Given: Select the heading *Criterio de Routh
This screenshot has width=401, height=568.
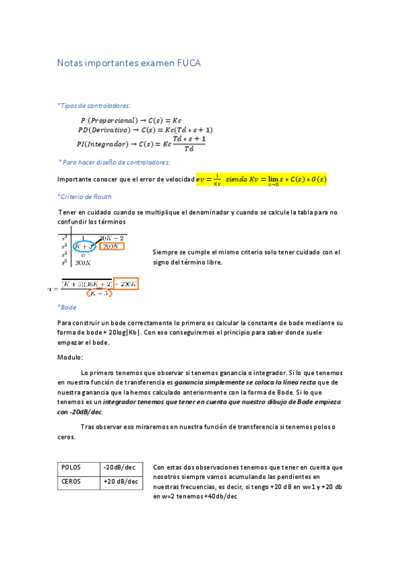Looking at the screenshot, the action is coord(84,197).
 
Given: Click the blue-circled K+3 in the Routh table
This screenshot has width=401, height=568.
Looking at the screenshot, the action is coord(85,246).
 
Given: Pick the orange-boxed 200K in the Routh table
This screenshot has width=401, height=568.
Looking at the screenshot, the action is coord(111,246).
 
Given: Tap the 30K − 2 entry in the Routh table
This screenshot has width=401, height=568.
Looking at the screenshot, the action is coord(111,237).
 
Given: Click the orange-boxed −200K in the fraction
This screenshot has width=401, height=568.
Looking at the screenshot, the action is coord(126,283).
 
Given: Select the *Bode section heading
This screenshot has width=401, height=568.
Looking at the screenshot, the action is coord(67,307).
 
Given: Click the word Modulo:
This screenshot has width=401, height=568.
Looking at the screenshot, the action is coord(70,358).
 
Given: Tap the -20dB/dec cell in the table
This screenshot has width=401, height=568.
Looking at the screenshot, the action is coord(120,467).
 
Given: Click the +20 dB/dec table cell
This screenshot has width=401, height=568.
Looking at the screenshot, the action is coord(121,482).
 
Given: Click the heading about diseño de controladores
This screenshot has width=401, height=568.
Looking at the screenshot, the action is coord(114,162).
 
